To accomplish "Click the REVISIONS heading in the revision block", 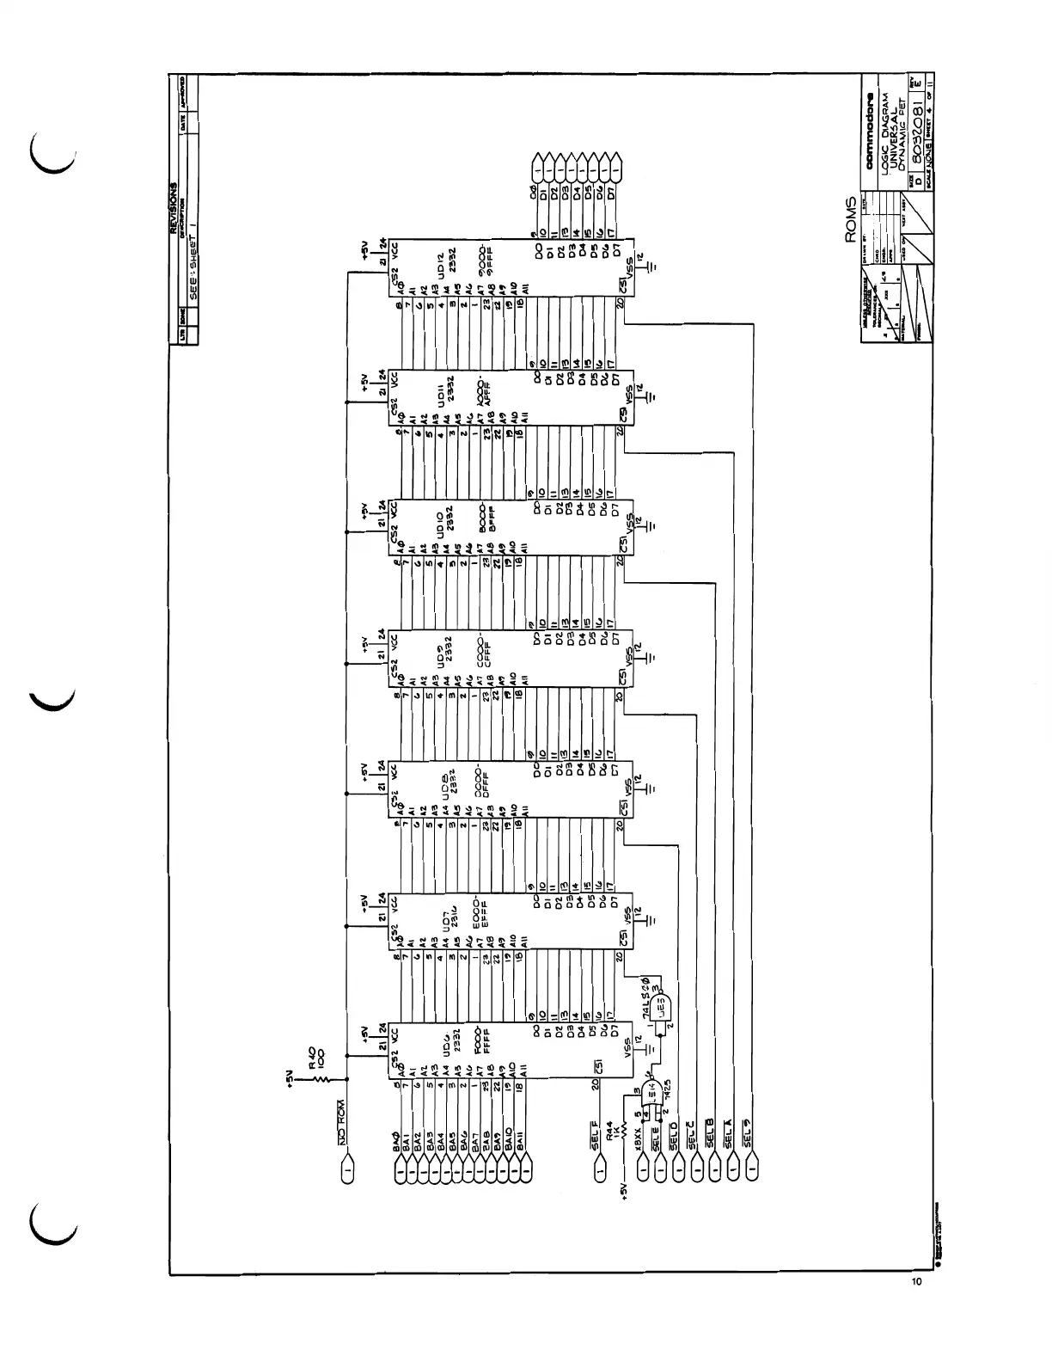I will (174, 207).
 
